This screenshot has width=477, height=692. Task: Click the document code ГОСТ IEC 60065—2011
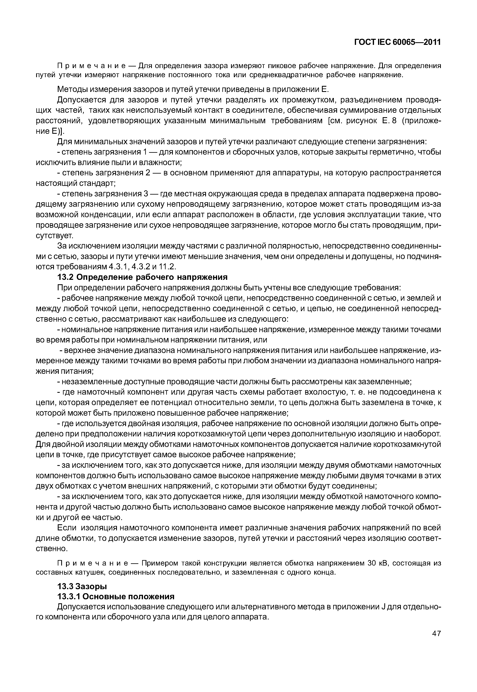tap(397, 42)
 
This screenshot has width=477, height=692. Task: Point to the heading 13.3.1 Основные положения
tap(116, 597)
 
